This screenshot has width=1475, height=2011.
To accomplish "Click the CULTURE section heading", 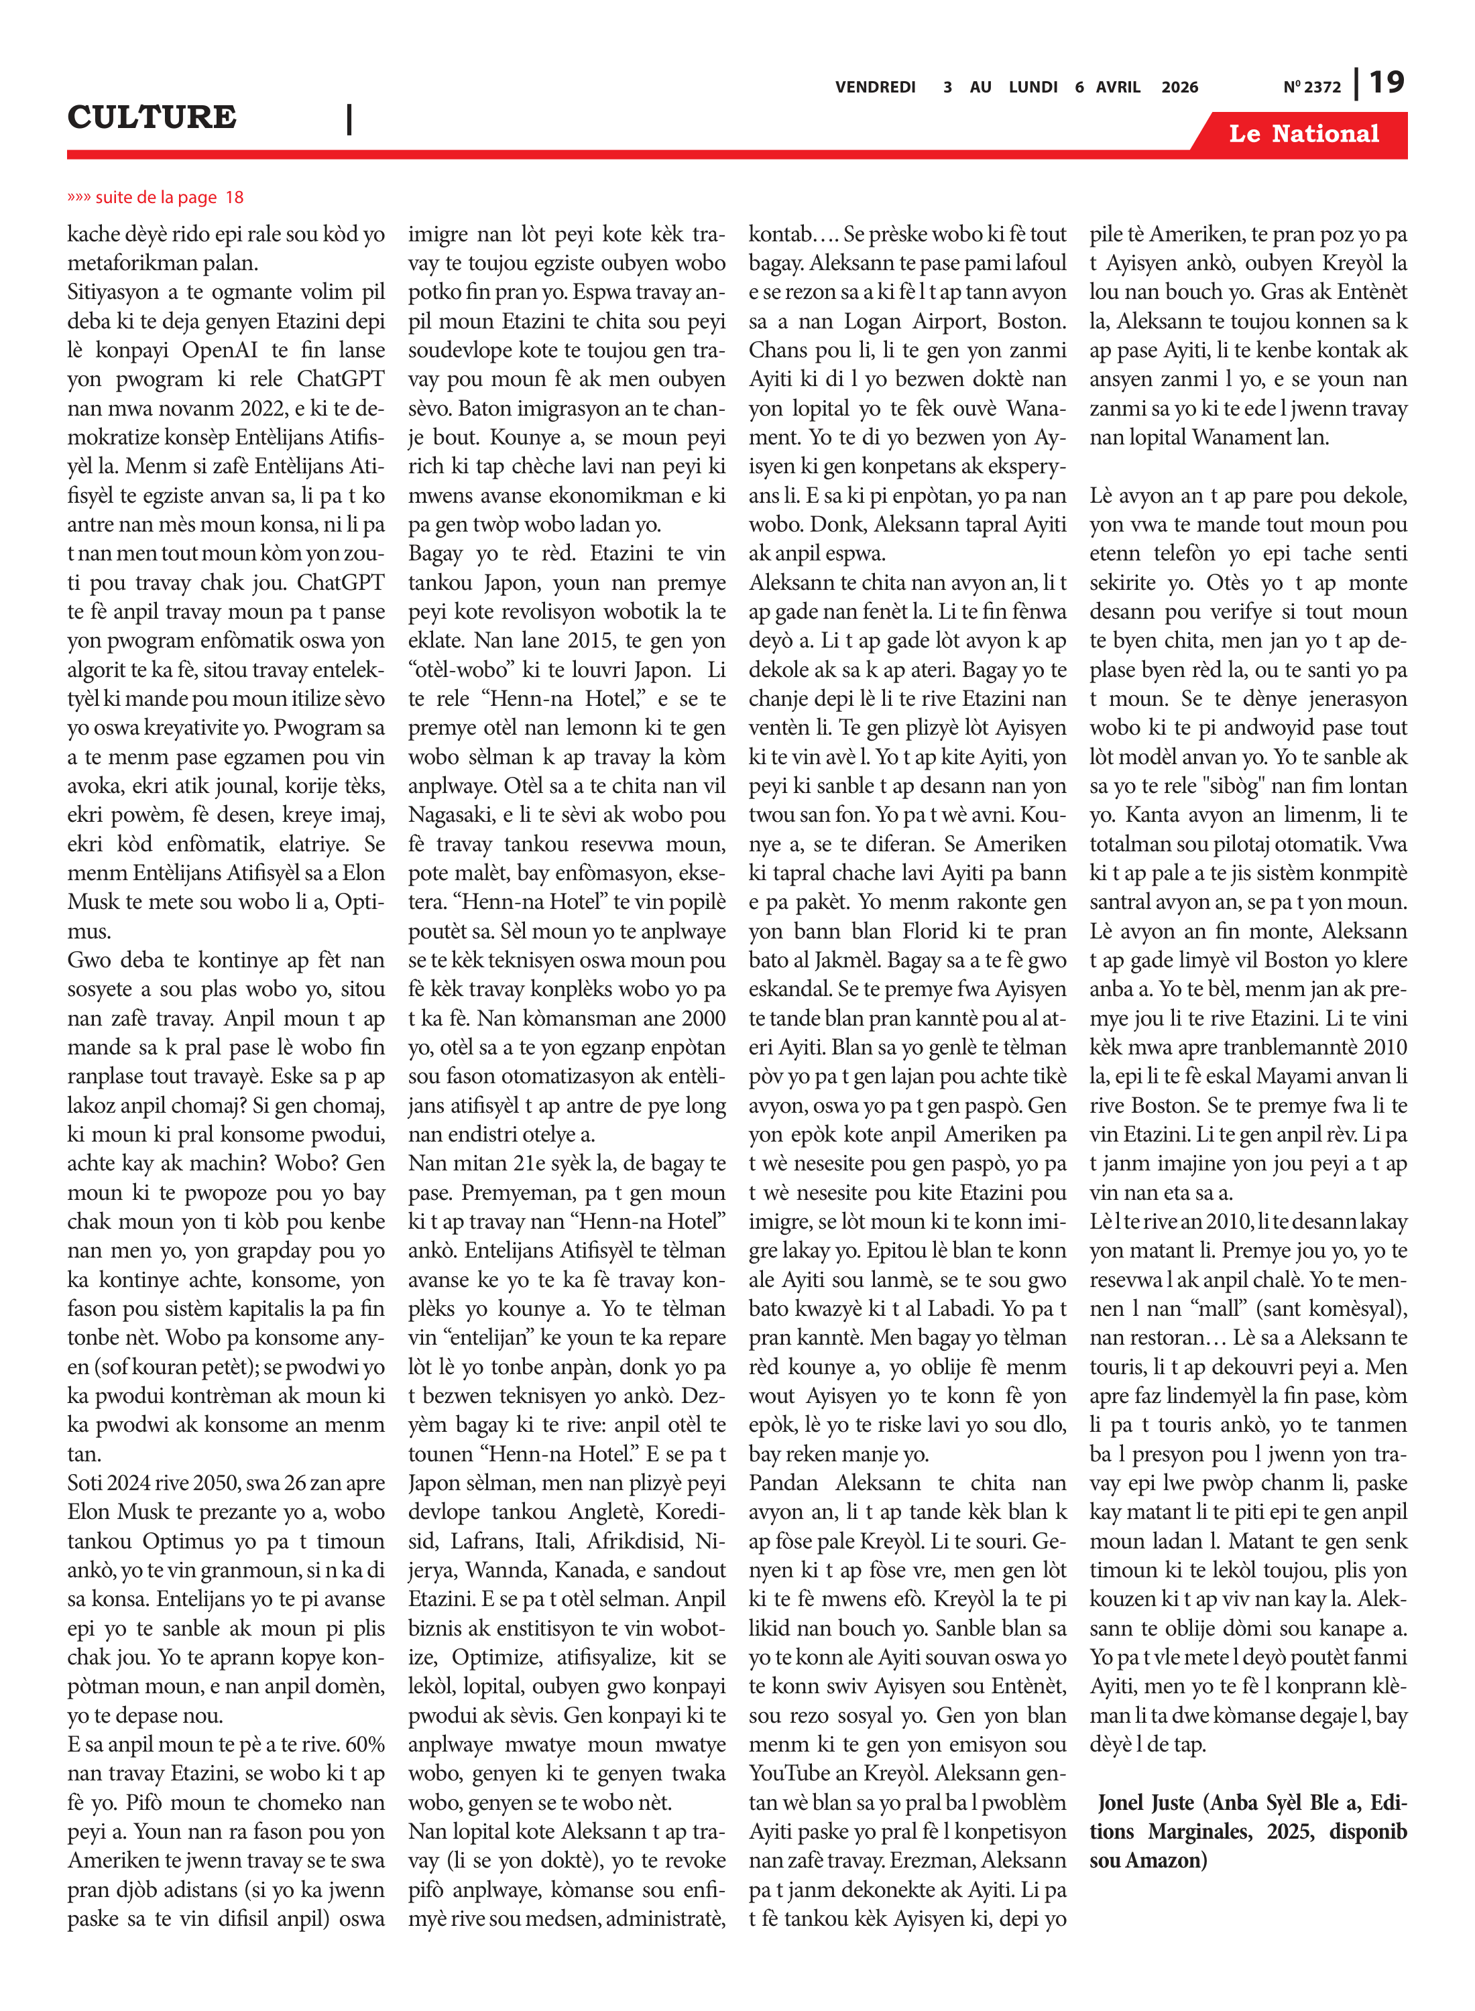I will pos(152,117).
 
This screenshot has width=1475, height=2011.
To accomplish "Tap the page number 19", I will pos(1386,83).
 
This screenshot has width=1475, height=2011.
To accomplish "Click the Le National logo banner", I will pos(1303,134).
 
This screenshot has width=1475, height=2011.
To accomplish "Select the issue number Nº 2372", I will pos(1311,87).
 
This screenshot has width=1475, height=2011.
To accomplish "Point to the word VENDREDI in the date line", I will pos(875,87).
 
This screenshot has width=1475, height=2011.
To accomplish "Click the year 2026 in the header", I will pos(1179,87).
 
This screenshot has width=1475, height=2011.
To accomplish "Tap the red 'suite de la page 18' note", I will pos(156,197).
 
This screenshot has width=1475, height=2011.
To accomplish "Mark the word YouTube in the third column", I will pos(788,1772).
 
